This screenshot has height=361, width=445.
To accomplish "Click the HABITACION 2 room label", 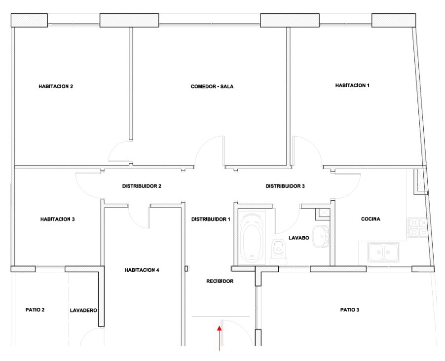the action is (56, 86).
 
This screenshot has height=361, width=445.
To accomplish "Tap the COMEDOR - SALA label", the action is (212, 87).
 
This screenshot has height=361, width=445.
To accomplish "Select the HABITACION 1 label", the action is (352, 85).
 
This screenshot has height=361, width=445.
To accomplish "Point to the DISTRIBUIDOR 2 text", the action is (142, 186).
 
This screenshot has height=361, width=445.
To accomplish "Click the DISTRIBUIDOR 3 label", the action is (285, 186).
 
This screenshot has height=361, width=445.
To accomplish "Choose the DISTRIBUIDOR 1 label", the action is (211, 219).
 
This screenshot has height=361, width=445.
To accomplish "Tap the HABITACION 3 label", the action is (57, 219).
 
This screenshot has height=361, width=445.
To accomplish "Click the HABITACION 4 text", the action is (142, 270).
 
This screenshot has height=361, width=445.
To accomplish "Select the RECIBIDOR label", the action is (220, 281).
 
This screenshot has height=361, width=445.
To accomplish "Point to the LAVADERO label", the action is (83, 311).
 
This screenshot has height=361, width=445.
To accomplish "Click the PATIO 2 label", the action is (35, 310).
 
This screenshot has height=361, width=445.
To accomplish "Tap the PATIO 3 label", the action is (350, 310).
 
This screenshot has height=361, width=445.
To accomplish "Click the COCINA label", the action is (371, 219).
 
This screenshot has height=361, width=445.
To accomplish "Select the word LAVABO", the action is (299, 238).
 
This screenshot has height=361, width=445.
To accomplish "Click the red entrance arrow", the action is (219, 338).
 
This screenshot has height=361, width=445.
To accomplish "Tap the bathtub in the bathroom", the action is (252, 238).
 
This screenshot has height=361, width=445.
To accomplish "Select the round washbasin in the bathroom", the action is (321, 236).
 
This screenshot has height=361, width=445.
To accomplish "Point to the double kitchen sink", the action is (383, 252).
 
